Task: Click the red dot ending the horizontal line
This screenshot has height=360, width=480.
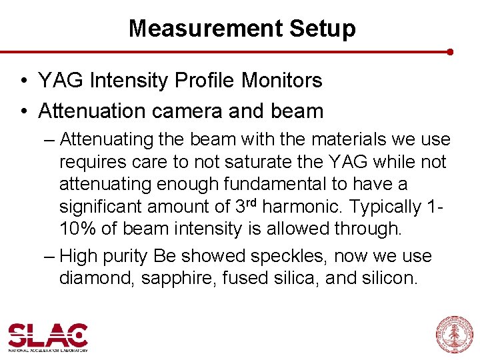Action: click(451, 51)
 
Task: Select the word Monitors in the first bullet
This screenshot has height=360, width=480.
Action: click(281, 81)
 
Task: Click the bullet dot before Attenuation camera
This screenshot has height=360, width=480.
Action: click(23, 111)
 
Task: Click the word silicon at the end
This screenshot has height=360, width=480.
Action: click(390, 278)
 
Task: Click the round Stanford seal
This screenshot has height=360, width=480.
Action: click(453, 334)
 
